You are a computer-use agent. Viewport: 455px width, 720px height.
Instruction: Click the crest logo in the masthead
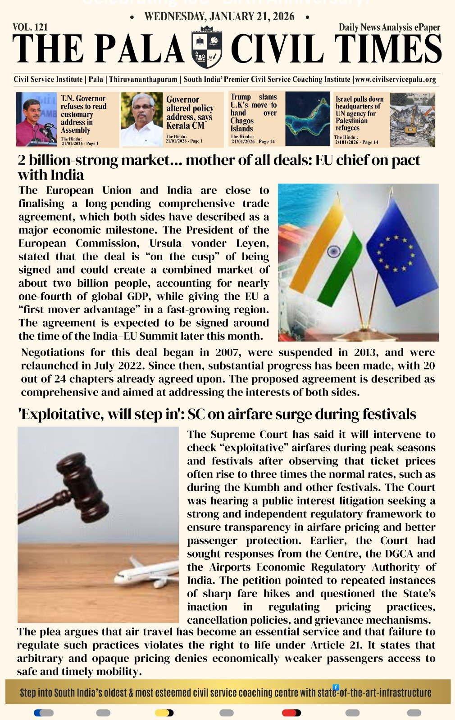coord(207,47)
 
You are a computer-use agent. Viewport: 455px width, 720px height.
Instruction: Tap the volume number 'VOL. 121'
coord(30,27)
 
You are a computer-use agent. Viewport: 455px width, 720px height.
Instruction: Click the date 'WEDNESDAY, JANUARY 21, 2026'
coord(219,17)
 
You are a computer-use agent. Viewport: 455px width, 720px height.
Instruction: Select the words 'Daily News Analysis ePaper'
coord(389,27)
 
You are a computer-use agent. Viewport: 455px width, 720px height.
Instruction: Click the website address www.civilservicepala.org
coord(396,80)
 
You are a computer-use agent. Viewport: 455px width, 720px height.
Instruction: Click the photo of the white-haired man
coord(141,119)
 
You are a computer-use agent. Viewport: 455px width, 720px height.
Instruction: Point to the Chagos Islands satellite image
coord(308,119)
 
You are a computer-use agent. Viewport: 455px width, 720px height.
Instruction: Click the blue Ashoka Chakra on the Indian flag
coord(334,251)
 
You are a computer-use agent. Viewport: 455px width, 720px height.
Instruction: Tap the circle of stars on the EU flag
coord(395,253)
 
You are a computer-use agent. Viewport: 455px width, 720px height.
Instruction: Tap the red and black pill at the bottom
coord(291,713)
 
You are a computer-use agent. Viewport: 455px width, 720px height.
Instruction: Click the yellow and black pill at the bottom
coord(164,713)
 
